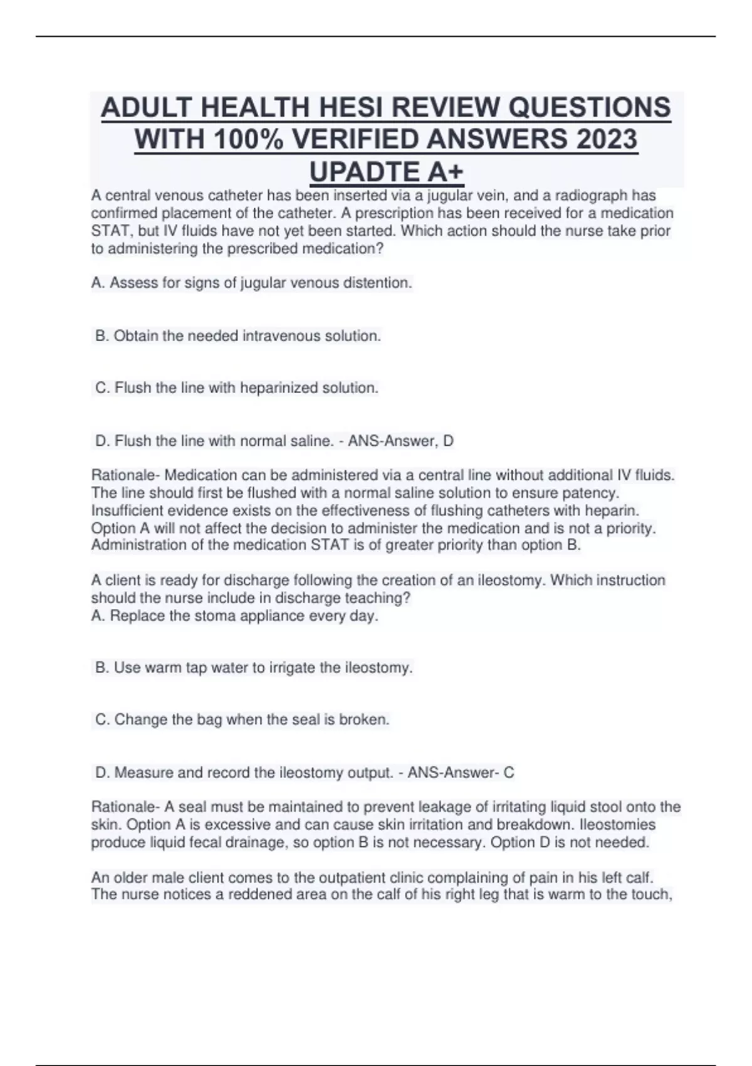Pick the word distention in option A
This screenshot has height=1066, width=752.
click(380, 283)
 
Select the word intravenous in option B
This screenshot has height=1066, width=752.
click(281, 336)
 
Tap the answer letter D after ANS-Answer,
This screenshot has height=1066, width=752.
click(448, 441)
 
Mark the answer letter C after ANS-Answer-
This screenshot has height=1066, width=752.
click(509, 773)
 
